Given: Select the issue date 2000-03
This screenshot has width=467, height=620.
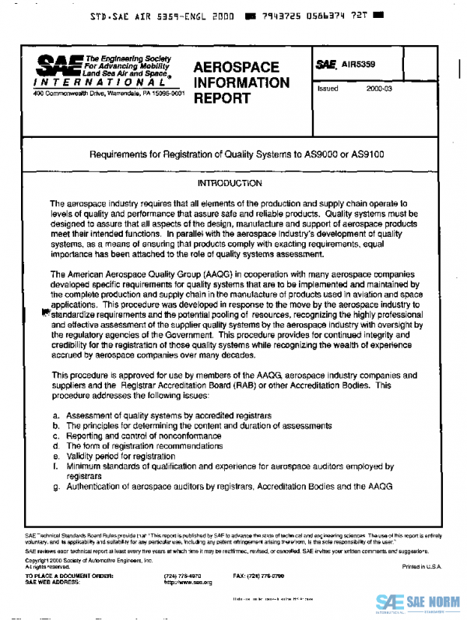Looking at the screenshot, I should (x=381, y=89).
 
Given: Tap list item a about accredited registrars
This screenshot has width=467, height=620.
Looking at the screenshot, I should (x=167, y=417).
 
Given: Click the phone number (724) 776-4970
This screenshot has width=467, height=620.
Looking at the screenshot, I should (x=180, y=576).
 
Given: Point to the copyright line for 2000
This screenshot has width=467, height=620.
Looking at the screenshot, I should (x=77, y=561).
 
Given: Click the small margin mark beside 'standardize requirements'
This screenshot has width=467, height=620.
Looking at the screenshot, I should (x=46, y=313).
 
